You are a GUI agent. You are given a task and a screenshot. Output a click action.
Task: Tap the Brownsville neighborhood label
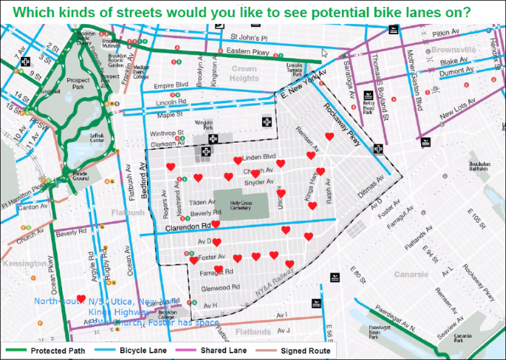coord(453,49)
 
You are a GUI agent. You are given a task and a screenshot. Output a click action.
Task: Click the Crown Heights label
coord(244,74)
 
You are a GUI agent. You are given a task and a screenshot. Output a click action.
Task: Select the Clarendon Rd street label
coord(187,227)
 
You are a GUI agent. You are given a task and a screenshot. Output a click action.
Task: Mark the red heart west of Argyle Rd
coord(81,299)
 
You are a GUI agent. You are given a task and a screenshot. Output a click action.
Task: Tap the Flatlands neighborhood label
coord(253,331)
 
